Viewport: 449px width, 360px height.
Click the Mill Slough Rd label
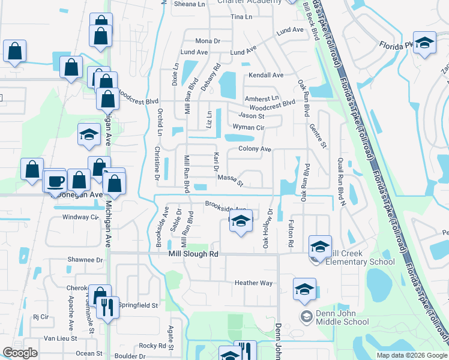pos(193,254)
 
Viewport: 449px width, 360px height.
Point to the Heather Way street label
pos(253,283)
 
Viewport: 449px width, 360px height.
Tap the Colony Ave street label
pos(255,149)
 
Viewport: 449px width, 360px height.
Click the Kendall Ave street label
pos(266,75)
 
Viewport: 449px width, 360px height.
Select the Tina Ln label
pos(241,17)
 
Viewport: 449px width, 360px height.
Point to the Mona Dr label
pos(208,41)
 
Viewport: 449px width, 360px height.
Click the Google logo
pos(20,353)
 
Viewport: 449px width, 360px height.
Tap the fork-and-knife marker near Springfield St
pos(108,308)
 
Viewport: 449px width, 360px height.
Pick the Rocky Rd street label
pos(152,346)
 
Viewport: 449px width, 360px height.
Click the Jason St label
pos(251,116)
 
